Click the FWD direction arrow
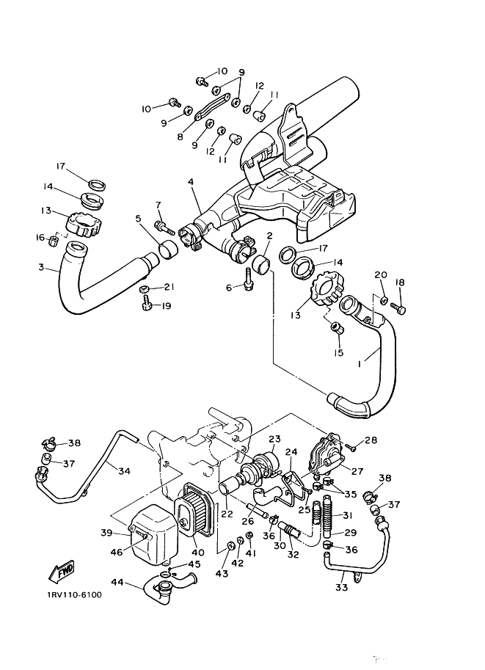[62, 571]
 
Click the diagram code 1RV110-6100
[75, 595]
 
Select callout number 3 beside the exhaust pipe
[41, 268]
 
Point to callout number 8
[180, 137]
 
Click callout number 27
[357, 471]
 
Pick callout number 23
[274, 439]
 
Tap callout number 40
[198, 553]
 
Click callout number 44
[117, 582]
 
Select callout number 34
[124, 471]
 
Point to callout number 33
[341, 588]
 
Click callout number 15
[338, 353]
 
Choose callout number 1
[360, 364]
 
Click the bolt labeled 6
[249, 280]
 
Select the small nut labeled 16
[54, 241]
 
